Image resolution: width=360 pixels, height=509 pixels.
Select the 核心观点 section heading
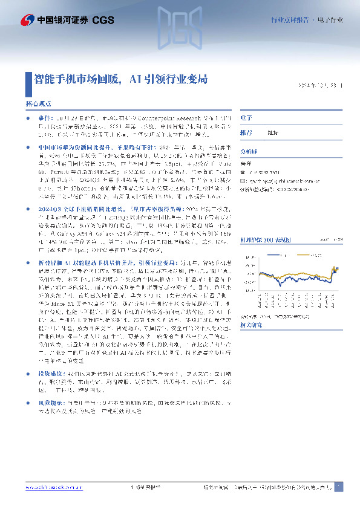tap(39, 104)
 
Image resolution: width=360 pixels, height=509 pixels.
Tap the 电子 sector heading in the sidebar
tap(246, 117)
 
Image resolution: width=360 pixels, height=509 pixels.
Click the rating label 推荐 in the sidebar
tap(246, 132)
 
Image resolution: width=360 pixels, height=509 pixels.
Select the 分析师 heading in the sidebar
tap(249, 153)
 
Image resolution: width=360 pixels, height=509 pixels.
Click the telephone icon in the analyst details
tap(243, 172)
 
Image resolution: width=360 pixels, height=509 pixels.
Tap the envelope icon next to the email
tap(243, 180)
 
